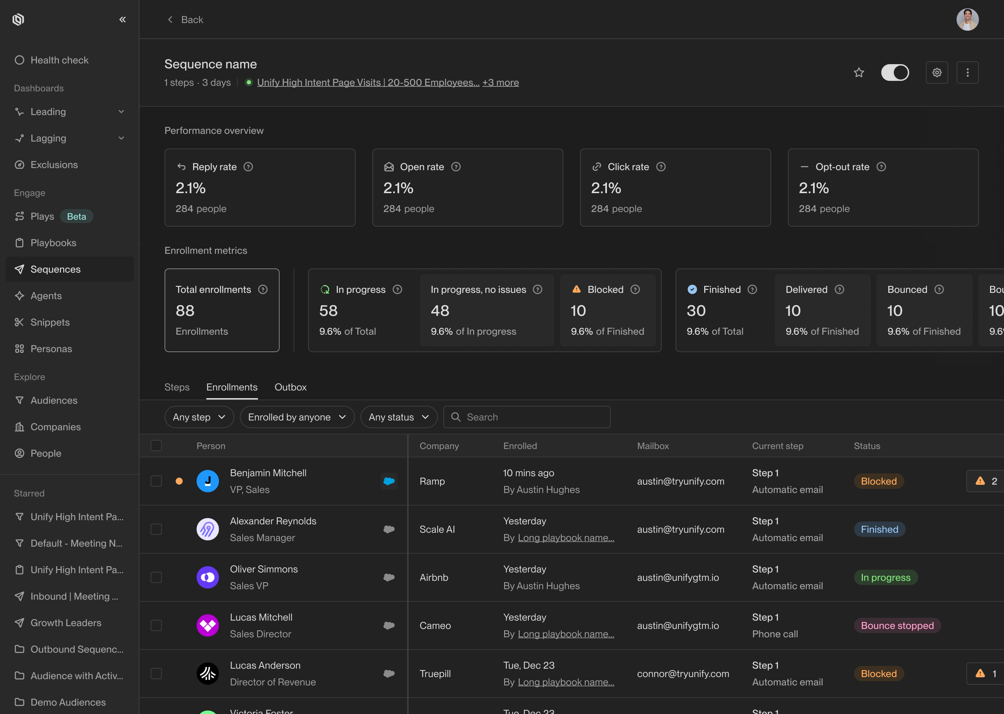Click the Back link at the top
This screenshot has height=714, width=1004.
click(185, 20)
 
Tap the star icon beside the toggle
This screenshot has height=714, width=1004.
click(859, 73)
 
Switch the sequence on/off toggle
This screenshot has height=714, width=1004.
click(895, 73)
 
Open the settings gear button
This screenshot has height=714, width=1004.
click(937, 73)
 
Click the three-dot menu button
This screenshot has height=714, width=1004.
click(967, 73)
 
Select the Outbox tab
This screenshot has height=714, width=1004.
click(290, 387)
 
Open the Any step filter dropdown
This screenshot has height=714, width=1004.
click(199, 417)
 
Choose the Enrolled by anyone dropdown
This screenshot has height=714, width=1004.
click(297, 417)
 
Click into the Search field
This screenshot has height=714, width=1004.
click(527, 417)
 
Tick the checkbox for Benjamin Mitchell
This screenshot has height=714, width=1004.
click(156, 481)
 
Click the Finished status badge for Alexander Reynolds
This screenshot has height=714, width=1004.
click(879, 529)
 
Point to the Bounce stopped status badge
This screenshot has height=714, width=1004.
click(897, 626)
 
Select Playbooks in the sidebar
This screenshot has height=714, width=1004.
click(53, 243)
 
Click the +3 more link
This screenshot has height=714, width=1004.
click(501, 83)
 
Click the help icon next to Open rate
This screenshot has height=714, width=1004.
click(456, 167)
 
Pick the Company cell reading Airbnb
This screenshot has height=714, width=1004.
click(434, 578)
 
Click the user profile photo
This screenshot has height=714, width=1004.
click(967, 20)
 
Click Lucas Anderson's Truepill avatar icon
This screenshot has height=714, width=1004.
click(207, 674)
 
